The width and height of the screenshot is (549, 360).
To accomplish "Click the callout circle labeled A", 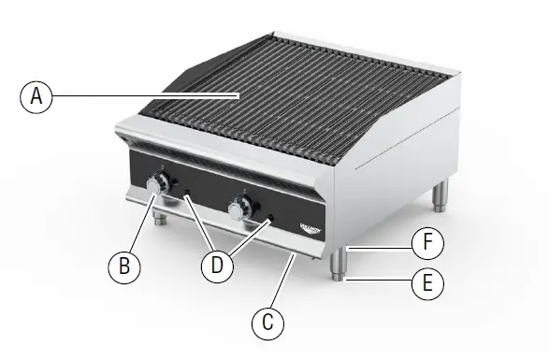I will click(x=36, y=96).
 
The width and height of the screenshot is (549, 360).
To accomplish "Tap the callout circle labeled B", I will click(x=123, y=267).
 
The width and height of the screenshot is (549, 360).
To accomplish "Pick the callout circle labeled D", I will click(x=217, y=266).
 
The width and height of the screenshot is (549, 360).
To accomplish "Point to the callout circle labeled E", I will click(x=427, y=282).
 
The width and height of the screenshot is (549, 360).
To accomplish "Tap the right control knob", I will click(x=238, y=211).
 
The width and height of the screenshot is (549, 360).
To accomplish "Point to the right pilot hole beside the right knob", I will click(x=271, y=220).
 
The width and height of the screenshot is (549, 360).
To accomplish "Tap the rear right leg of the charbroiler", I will click(x=440, y=194).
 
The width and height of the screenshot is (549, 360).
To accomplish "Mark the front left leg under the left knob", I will click(x=160, y=221).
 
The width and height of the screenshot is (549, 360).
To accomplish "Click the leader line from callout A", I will click(x=140, y=95).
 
